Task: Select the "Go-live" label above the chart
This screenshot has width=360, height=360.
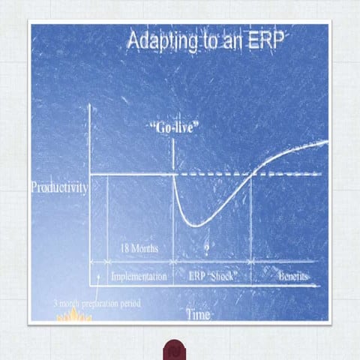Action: tap(174, 127)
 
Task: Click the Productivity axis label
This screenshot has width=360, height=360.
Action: tap(59, 187)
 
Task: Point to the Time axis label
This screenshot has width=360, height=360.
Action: tap(197, 315)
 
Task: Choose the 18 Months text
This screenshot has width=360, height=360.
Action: tap(139, 247)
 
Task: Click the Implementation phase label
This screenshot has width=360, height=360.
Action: tap(139, 277)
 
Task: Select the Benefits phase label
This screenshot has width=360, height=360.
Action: tap(292, 277)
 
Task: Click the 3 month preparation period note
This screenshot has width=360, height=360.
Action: tap(97, 304)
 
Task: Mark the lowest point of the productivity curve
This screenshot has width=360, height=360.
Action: tap(196, 225)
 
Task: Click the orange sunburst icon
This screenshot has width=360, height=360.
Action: tap(74, 316)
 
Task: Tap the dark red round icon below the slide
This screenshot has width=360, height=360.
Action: tap(175, 350)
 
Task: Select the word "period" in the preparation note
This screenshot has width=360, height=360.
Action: tap(128, 304)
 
